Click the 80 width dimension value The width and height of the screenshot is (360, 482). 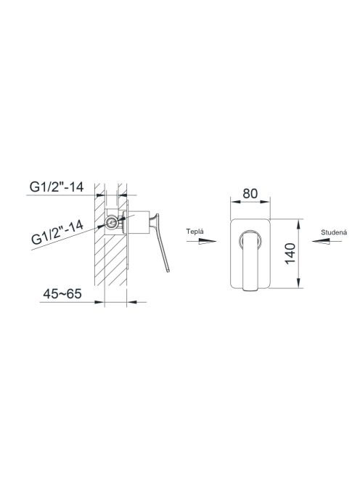click(250, 194)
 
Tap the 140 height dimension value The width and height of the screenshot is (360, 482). click(290, 253)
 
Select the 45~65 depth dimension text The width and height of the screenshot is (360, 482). click(62, 294)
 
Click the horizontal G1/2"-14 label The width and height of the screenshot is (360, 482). click(57, 187)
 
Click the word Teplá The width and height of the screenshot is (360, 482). click(195, 232)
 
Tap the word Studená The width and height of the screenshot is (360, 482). click(334, 232)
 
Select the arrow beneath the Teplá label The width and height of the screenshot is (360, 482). click(201, 242)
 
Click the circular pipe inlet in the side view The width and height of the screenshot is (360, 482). click(112, 223)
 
